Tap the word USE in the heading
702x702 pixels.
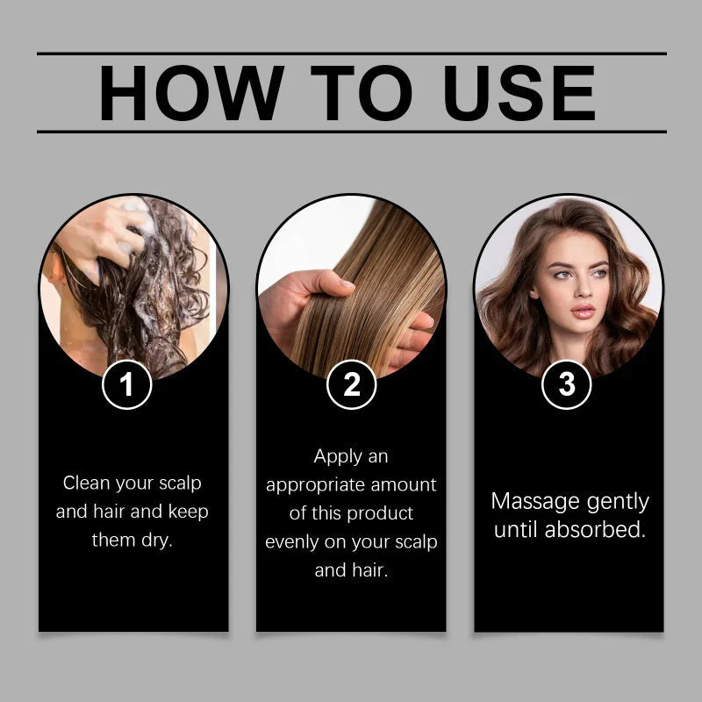tap(519, 93)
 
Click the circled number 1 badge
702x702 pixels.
tap(127, 384)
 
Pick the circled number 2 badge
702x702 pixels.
tap(352, 384)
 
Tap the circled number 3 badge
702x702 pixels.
tap(567, 384)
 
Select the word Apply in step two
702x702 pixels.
tap(338, 457)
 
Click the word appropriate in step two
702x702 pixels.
tap(322, 485)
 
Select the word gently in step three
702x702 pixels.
tap(611, 503)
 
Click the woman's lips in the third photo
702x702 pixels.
tap(584, 312)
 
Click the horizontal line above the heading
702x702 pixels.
tap(351, 54)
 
